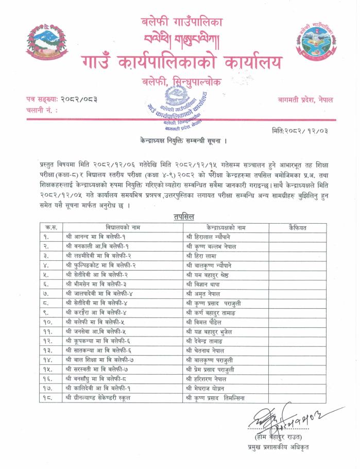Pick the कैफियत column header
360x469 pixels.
tap(298, 227)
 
